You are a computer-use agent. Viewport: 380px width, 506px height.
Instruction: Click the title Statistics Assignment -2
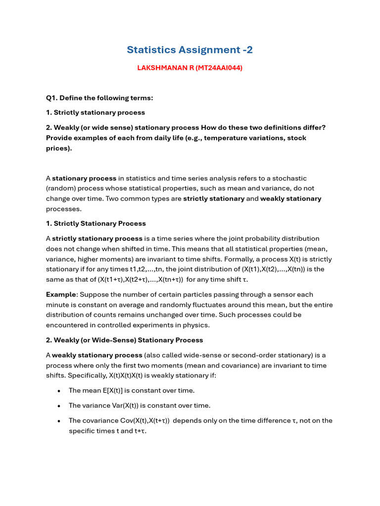click(x=190, y=50)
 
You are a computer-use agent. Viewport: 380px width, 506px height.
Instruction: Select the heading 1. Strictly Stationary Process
click(x=96, y=223)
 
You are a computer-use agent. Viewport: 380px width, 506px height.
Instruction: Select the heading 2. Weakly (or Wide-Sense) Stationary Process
click(x=124, y=340)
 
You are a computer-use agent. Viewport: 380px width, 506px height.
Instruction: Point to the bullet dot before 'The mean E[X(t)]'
click(x=59, y=391)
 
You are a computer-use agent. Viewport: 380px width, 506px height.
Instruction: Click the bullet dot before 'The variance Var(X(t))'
click(x=59, y=406)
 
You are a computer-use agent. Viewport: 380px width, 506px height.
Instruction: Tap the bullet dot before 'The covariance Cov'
click(x=59, y=421)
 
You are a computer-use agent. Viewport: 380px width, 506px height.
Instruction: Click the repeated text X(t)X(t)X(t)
click(x=130, y=376)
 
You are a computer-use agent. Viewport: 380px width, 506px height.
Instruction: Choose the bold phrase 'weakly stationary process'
click(x=97, y=355)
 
